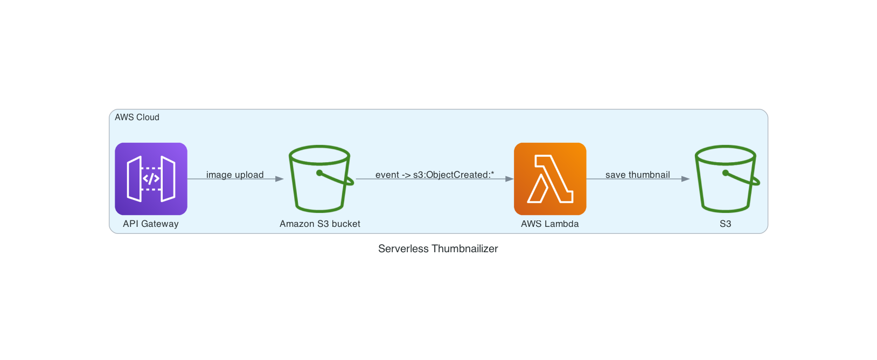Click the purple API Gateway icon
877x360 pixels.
pyautogui.click(x=151, y=178)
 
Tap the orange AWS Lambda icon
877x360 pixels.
pyautogui.click(x=550, y=178)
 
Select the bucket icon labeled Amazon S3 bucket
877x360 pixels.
pyautogui.click(x=320, y=178)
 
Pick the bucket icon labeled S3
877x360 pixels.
pyautogui.click(x=726, y=178)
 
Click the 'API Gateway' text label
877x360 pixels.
pyautogui.click(x=151, y=224)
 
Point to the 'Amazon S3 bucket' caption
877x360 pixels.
pyautogui.click(x=320, y=224)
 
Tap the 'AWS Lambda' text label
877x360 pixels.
pyautogui.click(x=550, y=224)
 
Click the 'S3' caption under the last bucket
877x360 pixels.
pyautogui.click(x=726, y=224)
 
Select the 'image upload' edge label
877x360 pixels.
pyautogui.click(x=235, y=175)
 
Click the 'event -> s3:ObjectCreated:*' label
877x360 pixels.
pyautogui.click(x=435, y=175)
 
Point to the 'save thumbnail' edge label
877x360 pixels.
pyautogui.click(x=638, y=175)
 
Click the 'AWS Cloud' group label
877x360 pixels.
pyautogui.click(x=137, y=117)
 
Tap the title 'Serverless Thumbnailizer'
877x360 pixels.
pyautogui.click(x=438, y=248)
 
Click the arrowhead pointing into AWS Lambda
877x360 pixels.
pyautogui.click(x=510, y=179)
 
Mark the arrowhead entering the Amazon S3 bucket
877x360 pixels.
pyautogui.click(x=280, y=179)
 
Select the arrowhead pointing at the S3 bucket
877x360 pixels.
pyautogui.click(x=685, y=179)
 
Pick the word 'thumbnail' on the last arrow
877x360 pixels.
pyautogui.click(x=649, y=175)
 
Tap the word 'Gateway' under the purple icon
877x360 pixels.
pyautogui.click(x=160, y=224)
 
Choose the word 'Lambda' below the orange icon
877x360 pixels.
pyautogui.click(x=561, y=224)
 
